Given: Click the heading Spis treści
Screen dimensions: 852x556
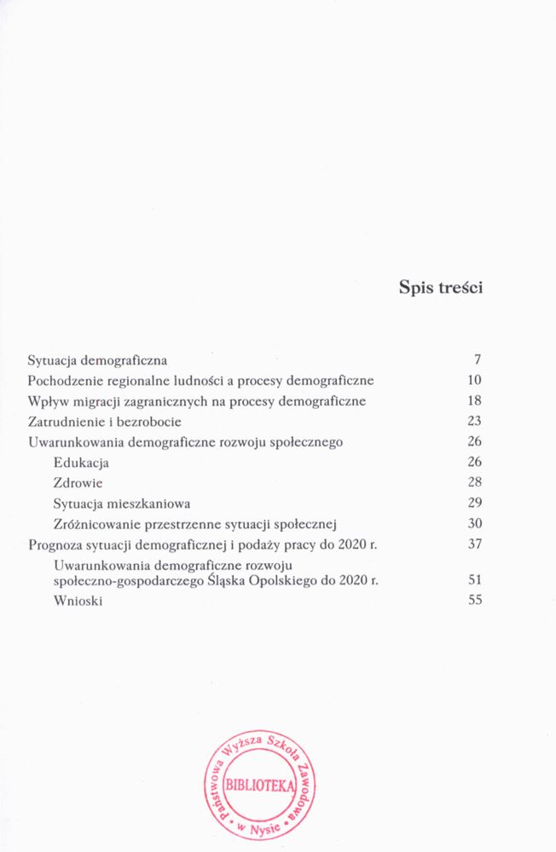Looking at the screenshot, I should pyautogui.click(x=441, y=287).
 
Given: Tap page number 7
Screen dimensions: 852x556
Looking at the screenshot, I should pyautogui.click(x=478, y=360).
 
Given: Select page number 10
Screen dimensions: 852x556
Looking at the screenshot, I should pyautogui.click(x=475, y=380).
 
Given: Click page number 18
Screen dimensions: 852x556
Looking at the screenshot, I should pyautogui.click(x=475, y=400).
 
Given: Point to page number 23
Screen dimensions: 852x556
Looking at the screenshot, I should pyautogui.click(x=475, y=421).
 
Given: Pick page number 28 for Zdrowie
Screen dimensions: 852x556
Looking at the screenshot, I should pyautogui.click(x=475, y=483).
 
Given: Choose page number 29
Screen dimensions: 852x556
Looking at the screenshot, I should pyautogui.click(x=475, y=504).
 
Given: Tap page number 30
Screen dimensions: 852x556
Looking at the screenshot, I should pyautogui.click(x=475, y=524).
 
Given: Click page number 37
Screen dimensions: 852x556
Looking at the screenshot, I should pyautogui.click(x=475, y=544).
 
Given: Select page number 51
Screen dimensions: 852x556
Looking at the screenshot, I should pyautogui.click(x=475, y=579).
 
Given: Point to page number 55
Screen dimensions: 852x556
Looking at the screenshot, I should pyautogui.click(x=475, y=600).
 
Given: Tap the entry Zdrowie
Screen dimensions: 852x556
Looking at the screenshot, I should pyautogui.click(x=73, y=483).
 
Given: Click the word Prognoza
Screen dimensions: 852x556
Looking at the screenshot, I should pyautogui.click(x=55, y=545).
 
